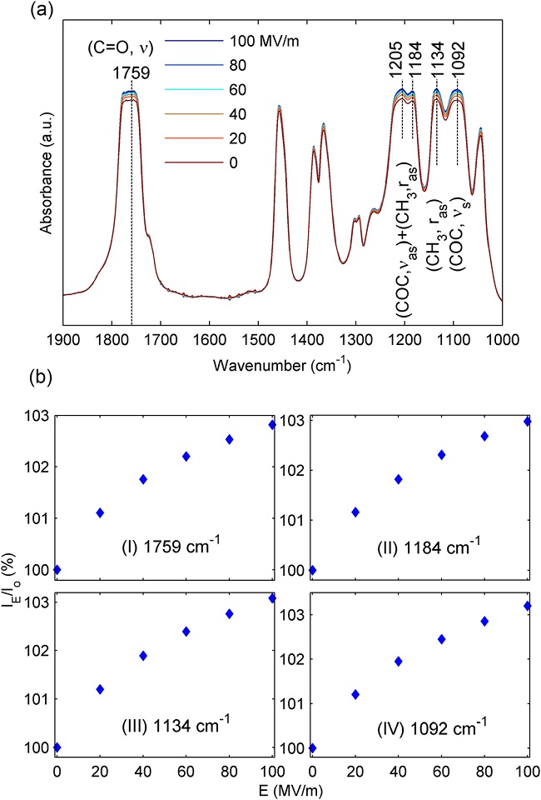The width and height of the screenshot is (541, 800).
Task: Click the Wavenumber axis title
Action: pos(282,366)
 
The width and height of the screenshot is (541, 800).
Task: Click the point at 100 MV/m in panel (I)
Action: pos(270,425)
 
